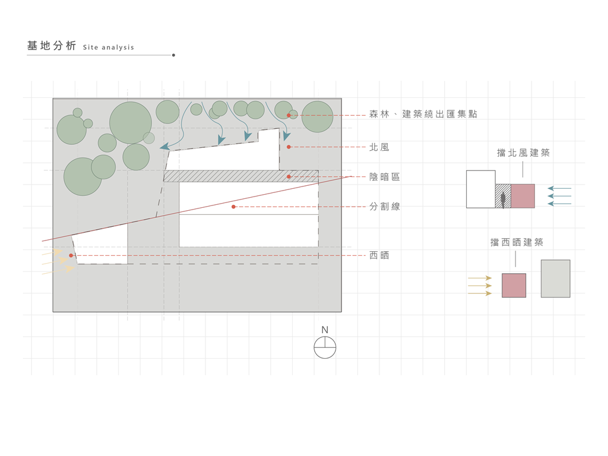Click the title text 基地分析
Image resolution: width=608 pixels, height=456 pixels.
coord(52,46)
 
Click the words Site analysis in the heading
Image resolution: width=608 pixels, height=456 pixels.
coord(109,47)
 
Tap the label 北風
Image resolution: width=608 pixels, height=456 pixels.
coord(379,147)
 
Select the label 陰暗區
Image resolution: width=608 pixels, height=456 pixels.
coord(384,177)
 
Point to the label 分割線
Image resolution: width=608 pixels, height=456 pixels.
coord(384,207)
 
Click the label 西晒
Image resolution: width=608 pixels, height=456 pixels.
coord(379,255)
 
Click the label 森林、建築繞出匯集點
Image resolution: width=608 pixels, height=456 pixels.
coord(423,114)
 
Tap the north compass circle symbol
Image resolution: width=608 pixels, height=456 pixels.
coord(325,347)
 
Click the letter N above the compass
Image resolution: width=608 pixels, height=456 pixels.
coord(325,330)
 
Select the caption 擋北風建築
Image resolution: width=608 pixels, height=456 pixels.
coord(523,153)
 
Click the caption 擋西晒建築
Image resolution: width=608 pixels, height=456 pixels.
coord(517,242)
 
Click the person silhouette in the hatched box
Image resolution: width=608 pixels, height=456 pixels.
coord(503,199)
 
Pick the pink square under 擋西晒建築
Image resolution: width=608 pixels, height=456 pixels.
coord(514,285)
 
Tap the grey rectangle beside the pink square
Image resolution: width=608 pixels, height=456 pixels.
coord(555,278)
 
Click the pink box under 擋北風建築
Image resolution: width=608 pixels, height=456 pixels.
coord(522,196)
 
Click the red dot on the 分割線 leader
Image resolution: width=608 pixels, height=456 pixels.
coord(234,207)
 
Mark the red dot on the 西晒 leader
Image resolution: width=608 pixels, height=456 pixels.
coord(71,255)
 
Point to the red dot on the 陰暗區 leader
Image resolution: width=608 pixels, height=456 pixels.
coord(289,177)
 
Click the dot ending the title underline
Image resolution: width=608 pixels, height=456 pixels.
coord(173,55)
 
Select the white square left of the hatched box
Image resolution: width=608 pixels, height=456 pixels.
coord(481,189)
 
